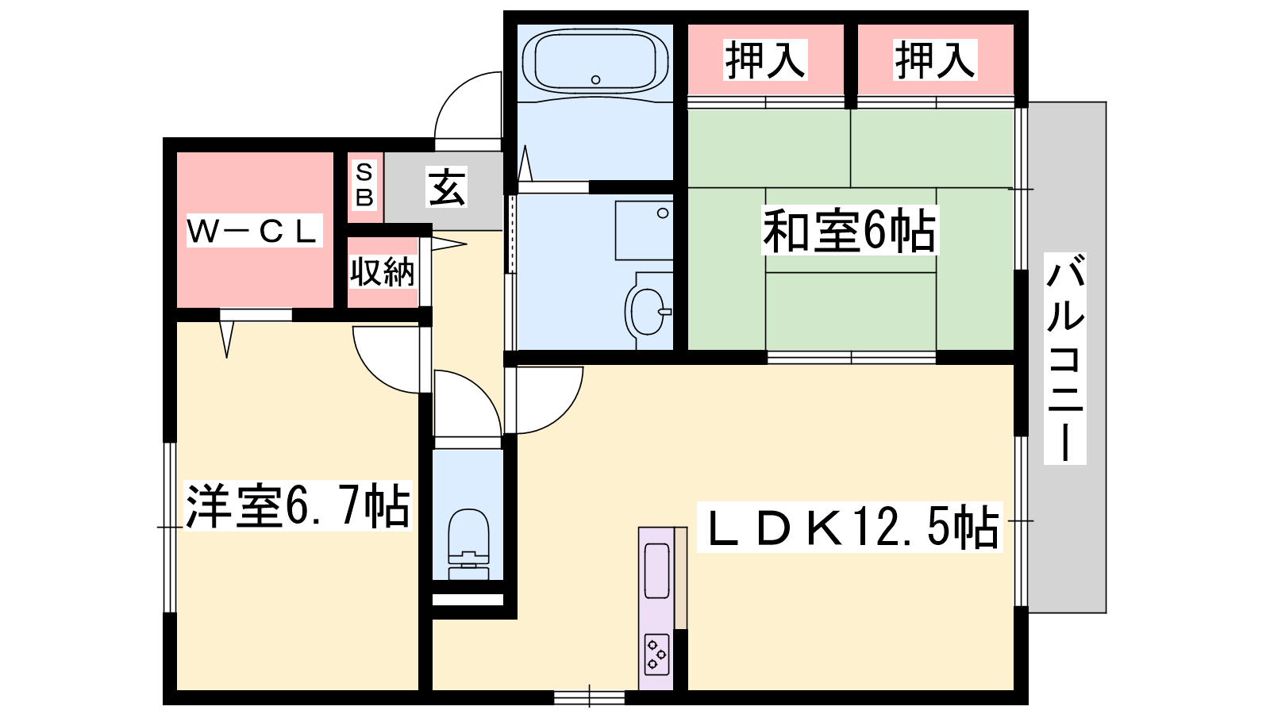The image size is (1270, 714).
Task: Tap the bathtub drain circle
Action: click(595, 80)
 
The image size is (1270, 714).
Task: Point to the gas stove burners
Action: click(656, 654)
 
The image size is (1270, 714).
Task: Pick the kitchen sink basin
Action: click(656, 570)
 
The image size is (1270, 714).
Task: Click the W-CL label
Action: click(254, 231)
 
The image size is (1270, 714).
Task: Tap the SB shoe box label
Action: click(364, 185)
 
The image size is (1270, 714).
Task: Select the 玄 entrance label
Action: click(446, 187)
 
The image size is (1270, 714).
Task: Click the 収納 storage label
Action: click(383, 272)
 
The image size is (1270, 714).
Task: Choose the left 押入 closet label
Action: click(765, 59)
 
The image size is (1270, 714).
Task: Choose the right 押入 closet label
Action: click(935, 59)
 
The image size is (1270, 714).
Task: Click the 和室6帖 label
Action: click(850, 231)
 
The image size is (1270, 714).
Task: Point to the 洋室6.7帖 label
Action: click(298, 505)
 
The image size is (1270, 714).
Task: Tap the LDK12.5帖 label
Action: click(850, 527)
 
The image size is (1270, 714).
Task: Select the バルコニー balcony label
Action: click(1065, 359)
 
